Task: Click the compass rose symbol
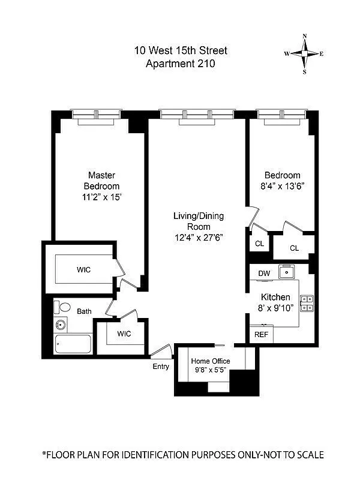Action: (305, 53)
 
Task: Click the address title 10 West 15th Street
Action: (181, 50)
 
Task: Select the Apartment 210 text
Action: (181, 62)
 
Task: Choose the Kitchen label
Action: (275, 297)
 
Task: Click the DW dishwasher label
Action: (263, 273)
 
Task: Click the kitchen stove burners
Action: (307, 303)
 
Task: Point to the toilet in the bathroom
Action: (61, 307)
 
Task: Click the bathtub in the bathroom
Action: (72, 344)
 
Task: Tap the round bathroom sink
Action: (61, 326)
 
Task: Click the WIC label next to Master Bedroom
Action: (84, 270)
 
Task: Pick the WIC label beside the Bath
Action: (124, 334)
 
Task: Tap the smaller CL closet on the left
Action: (259, 244)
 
